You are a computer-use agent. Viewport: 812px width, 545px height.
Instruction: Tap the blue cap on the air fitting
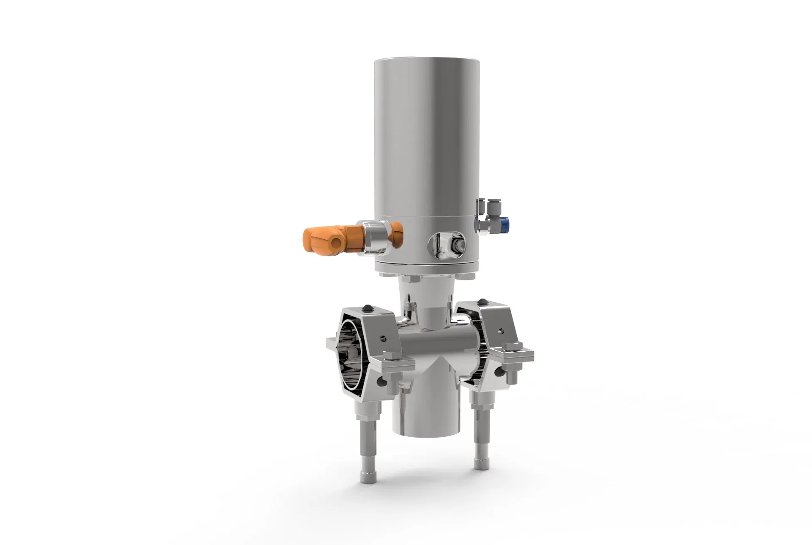click(x=505, y=223)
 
